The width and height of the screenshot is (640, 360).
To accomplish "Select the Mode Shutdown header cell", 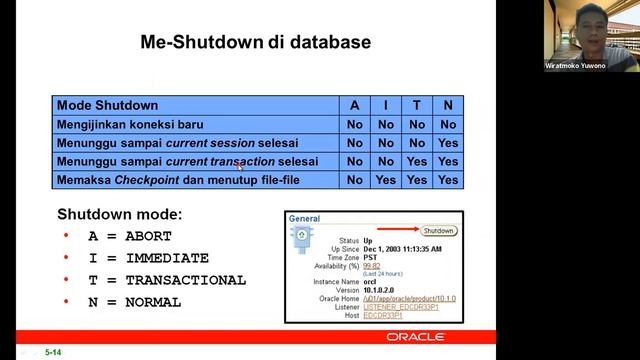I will point(107,105).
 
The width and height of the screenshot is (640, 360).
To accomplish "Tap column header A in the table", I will point(354,105).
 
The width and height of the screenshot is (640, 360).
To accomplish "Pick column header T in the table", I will point(417,105).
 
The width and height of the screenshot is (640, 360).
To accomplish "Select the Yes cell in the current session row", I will point(448,143).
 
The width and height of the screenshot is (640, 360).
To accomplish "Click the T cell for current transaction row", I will point(417,161).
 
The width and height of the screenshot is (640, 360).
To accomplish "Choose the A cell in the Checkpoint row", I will point(354,180).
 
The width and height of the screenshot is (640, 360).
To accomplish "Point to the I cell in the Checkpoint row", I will point(386,180).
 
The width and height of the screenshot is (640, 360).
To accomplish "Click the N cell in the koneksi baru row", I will point(448,124).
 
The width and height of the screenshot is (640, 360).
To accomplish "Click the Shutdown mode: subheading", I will point(119,214).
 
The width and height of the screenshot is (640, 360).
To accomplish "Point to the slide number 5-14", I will point(53,352).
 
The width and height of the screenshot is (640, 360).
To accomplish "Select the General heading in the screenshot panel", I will point(304,218).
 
